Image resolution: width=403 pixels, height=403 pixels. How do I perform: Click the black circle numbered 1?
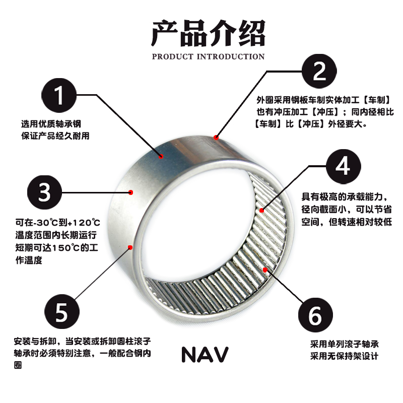pyautogui.click(x=59, y=95)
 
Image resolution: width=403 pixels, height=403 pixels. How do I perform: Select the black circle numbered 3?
pyautogui.click(x=44, y=192)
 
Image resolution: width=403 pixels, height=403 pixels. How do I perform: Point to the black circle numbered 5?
pyautogui.click(x=61, y=312)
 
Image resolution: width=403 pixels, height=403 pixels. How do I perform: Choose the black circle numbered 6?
pyautogui.click(x=316, y=316)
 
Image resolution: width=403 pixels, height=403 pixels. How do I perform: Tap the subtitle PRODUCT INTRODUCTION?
pyautogui.click(x=208, y=56)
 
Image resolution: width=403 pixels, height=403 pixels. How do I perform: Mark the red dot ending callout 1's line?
pyautogui.click(x=162, y=156)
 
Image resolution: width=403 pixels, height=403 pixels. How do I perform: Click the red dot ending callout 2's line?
pyautogui.click(x=216, y=137)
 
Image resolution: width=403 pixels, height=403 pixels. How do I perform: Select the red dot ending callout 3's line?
pyautogui.click(x=131, y=192)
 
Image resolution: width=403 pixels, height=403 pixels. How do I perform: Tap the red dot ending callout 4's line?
pyautogui.click(x=261, y=210)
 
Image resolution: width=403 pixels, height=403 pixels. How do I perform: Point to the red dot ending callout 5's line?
pyautogui.click(x=130, y=247)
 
